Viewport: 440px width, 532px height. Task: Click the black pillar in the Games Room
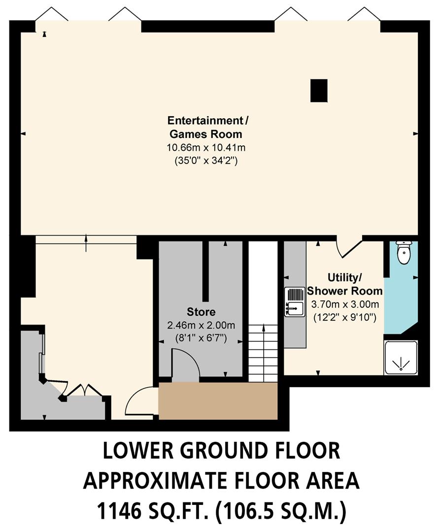pos(319,91)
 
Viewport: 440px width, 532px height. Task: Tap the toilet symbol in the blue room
pos(404,252)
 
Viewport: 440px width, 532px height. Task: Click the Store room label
pos(201,312)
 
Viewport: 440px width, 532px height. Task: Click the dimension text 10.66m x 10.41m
pos(206,147)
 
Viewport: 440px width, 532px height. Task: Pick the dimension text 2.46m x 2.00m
pos(201,325)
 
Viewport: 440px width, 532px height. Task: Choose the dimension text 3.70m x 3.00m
pos(345,304)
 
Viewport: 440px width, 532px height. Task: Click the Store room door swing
pos(185,365)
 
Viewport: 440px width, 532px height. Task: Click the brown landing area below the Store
pos(218,401)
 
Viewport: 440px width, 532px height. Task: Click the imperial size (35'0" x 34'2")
pos(206,161)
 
